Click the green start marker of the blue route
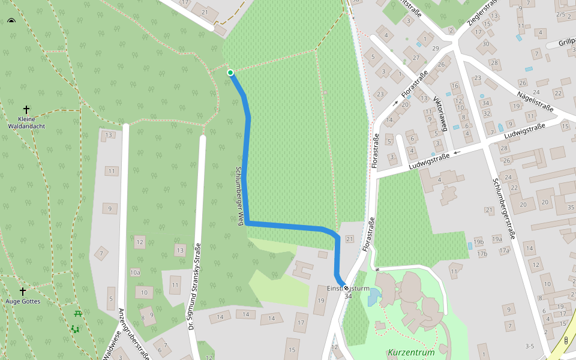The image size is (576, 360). click(x=230, y=73)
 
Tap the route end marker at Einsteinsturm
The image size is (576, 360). click(x=346, y=289)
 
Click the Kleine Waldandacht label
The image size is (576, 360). click(x=26, y=122)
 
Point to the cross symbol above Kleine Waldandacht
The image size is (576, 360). click(x=26, y=109)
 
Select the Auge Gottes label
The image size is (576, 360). click(x=23, y=301)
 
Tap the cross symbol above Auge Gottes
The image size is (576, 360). click(x=23, y=291)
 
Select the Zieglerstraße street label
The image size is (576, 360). click(x=483, y=14)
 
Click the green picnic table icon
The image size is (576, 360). click(x=78, y=313)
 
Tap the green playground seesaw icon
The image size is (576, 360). click(x=75, y=329)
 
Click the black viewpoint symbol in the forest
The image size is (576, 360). click(x=11, y=22)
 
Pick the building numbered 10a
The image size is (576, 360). click(x=135, y=272)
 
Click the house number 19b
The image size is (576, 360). click(x=478, y=242)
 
